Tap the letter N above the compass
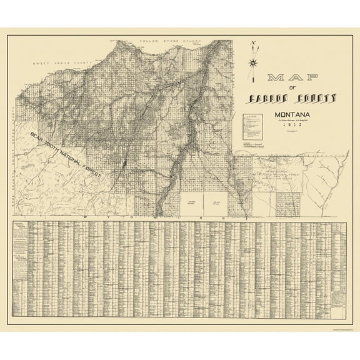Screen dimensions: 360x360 [253, 43]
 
